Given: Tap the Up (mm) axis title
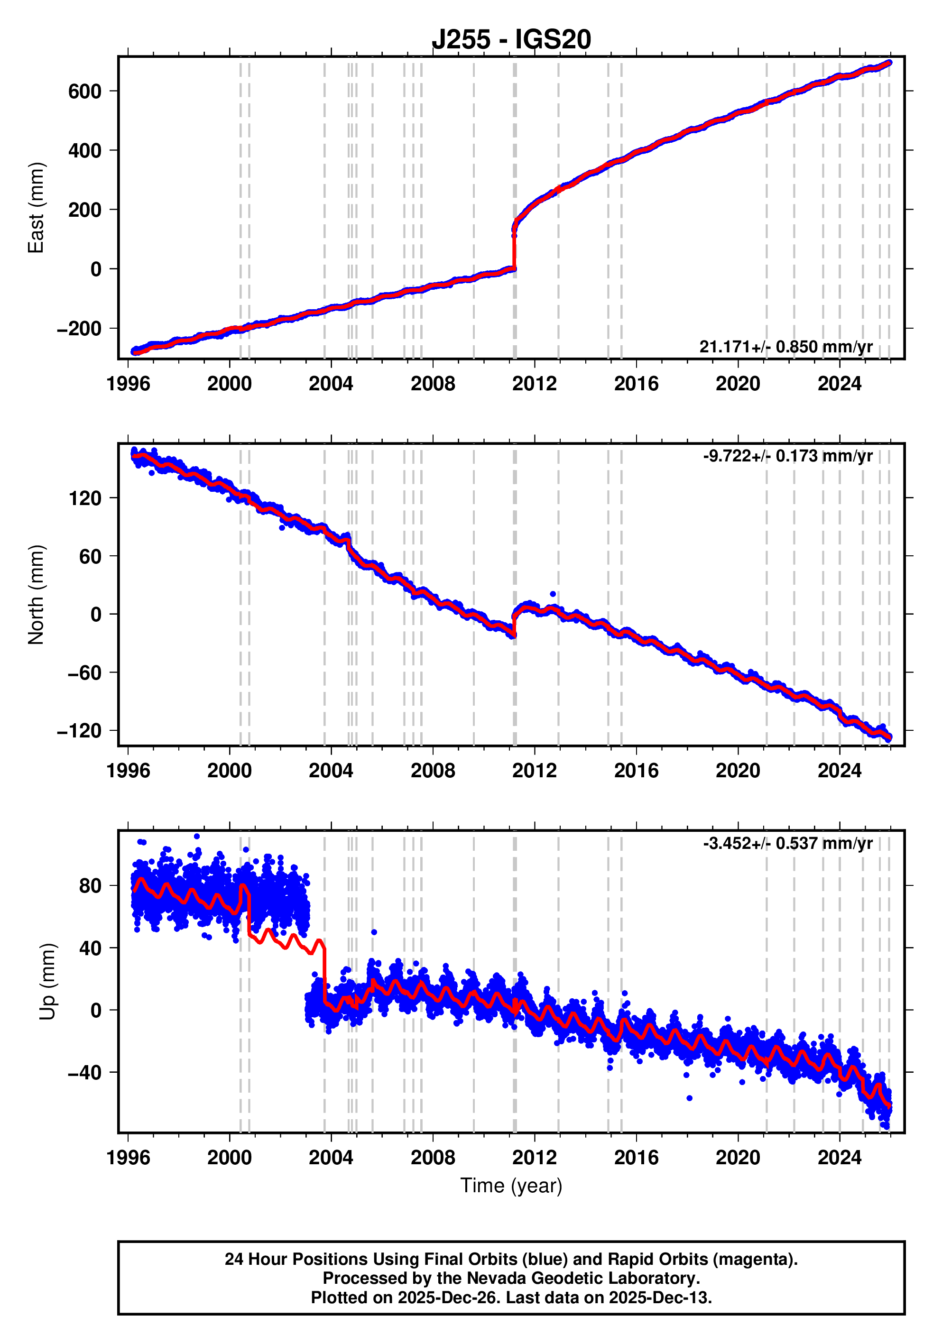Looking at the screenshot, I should click(48, 982).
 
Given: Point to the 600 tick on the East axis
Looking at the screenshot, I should click(85, 92).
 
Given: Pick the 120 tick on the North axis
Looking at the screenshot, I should click(85, 498).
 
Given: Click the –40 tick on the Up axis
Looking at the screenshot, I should click(85, 1072).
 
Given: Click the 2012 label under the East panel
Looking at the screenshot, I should click(534, 384).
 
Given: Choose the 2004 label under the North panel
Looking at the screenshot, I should click(331, 771).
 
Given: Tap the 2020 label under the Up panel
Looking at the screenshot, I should click(738, 1158).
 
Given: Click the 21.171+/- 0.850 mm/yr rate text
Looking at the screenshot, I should click(785, 347).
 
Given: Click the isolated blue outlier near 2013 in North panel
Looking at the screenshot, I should click(553, 594).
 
